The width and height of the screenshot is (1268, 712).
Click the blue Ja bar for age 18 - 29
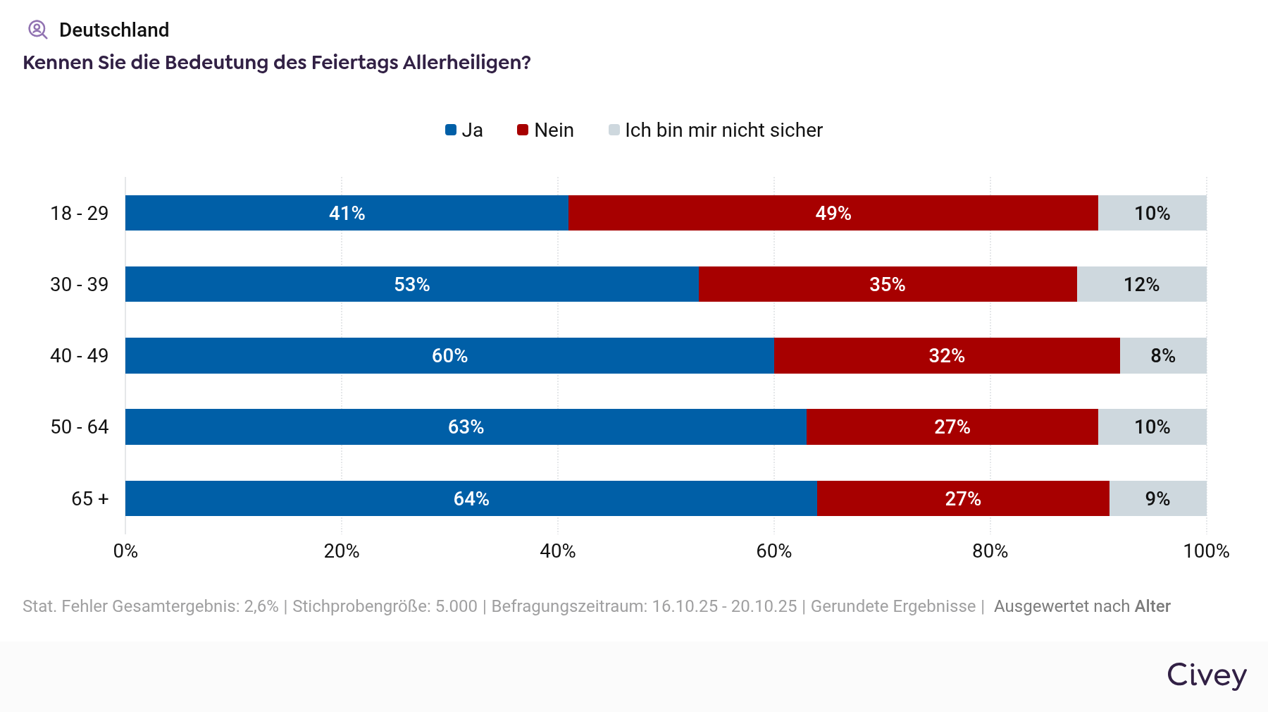point(347,213)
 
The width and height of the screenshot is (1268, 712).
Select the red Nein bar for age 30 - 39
point(887,284)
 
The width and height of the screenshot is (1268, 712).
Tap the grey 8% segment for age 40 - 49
point(1162,355)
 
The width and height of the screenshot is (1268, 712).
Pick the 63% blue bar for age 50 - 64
point(466,426)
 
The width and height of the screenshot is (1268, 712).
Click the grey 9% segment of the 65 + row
point(1157,498)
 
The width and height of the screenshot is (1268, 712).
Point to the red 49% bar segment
point(833,213)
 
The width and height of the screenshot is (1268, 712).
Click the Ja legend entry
point(464,130)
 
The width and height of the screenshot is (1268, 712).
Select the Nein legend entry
point(546,130)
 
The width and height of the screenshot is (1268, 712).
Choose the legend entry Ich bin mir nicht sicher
point(716,130)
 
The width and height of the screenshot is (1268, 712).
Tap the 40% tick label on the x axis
point(557,551)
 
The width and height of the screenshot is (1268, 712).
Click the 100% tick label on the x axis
point(1205,551)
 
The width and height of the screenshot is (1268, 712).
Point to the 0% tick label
point(125,551)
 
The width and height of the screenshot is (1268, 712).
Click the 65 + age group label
point(89,498)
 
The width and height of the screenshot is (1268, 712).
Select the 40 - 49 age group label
point(79,355)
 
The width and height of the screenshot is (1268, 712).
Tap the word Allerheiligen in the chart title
point(466,63)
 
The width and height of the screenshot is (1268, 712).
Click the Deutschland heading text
point(114,30)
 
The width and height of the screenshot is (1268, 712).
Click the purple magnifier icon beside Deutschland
point(37,30)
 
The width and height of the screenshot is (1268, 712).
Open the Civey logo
point(1206,675)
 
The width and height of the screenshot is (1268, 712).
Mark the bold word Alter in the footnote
point(1152,606)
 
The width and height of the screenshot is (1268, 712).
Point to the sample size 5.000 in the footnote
point(456,606)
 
